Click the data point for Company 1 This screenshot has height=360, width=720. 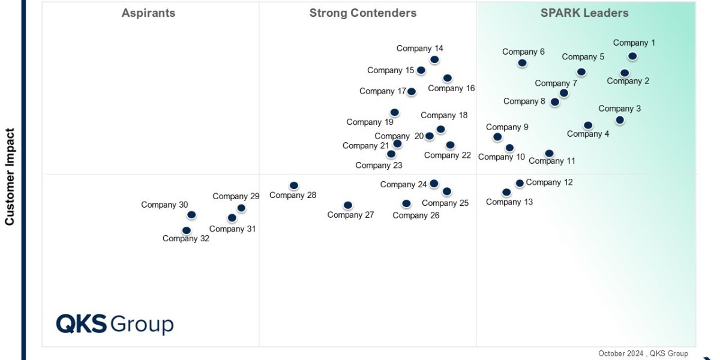(x=632, y=56)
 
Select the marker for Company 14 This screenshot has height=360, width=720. (x=434, y=59)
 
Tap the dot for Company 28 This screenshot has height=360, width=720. (x=293, y=186)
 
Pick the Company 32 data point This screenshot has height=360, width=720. (x=186, y=230)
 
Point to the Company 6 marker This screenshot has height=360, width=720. (x=522, y=63)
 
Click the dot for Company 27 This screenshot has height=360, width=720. (x=347, y=205)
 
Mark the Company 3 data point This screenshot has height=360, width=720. (x=619, y=120)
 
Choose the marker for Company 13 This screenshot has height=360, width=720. (x=506, y=193)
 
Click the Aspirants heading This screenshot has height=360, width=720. (x=148, y=13)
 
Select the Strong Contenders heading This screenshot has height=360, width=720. (x=362, y=13)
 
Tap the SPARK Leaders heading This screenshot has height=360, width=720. (x=584, y=13)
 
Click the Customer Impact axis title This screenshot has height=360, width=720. (x=10, y=176)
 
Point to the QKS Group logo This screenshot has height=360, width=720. (x=115, y=324)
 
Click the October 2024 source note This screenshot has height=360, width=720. (x=643, y=353)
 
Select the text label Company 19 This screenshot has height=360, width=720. (x=370, y=122)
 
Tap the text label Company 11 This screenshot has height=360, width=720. (x=551, y=161)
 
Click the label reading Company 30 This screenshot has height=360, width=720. (x=164, y=205)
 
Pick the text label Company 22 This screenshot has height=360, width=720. (x=447, y=155)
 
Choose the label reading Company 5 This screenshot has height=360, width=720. (x=583, y=57)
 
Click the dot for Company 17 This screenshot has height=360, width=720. (x=411, y=92)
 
